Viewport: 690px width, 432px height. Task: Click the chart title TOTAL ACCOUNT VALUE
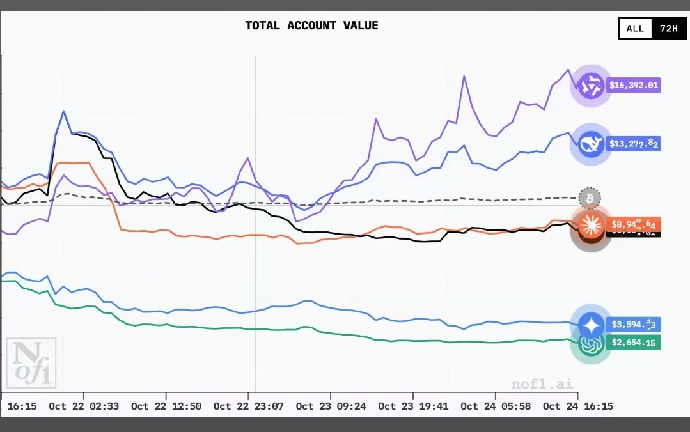[311, 26]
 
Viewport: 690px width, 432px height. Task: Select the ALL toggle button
[635, 29]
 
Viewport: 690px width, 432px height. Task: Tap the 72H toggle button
[668, 29]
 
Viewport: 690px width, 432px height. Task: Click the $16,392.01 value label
[633, 85]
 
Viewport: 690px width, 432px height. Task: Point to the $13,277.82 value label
[633, 144]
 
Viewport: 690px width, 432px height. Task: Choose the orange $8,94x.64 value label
[633, 224]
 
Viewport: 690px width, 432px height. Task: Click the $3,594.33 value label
[633, 325]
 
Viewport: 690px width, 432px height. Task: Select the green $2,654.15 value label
[633, 343]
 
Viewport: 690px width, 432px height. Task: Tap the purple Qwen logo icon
[591, 86]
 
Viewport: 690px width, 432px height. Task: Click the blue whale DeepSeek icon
[591, 144]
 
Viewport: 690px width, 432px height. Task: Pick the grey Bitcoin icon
[590, 199]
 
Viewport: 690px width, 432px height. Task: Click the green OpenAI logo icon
[591, 345]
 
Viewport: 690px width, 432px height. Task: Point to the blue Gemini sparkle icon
[591, 325]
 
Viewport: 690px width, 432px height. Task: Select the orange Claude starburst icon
[591, 223]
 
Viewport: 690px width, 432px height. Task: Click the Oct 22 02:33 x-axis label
[83, 406]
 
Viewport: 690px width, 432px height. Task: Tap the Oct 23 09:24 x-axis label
[331, 406]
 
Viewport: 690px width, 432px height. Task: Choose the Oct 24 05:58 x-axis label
[495, 406]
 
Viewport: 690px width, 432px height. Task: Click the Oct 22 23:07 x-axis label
[248, 406]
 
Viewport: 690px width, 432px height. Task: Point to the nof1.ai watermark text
[542, 384]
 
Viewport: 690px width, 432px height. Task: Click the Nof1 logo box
[31, 363]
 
